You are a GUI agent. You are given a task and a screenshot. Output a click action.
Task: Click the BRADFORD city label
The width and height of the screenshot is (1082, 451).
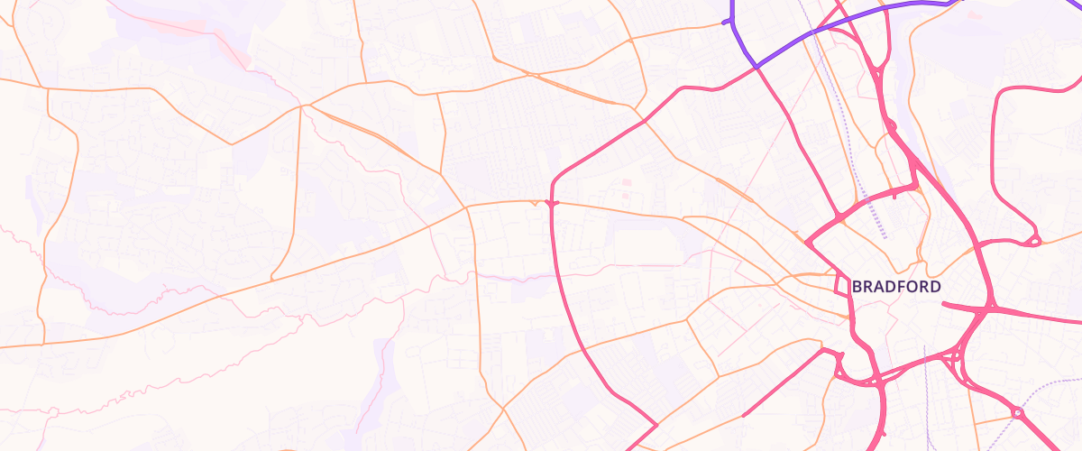896,287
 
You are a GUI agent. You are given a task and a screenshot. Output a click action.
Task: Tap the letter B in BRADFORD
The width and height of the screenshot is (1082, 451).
857,287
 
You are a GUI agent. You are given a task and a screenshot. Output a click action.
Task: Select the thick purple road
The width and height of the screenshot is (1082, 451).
866,15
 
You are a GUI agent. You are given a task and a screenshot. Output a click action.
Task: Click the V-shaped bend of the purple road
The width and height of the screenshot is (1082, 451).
756,66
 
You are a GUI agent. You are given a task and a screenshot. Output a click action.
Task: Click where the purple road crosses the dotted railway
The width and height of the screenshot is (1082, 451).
812,32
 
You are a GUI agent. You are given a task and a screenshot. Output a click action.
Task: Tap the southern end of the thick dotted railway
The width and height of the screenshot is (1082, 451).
885,237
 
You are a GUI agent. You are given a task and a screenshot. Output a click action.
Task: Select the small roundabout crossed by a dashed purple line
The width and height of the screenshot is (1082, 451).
1018,412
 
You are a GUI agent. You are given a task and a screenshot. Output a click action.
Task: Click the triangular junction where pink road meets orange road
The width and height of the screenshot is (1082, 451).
551,204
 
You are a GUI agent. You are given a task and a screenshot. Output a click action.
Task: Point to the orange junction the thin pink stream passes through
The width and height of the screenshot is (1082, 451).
305,106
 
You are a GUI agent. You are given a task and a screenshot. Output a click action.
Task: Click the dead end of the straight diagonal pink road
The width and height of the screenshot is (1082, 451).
743,416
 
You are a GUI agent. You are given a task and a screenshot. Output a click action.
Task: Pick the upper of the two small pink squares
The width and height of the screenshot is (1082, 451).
627,183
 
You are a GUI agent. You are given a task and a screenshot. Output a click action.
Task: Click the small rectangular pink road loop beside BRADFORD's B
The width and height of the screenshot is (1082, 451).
846,289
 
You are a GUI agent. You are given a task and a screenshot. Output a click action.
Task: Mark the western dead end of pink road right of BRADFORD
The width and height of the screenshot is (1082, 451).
943,304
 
